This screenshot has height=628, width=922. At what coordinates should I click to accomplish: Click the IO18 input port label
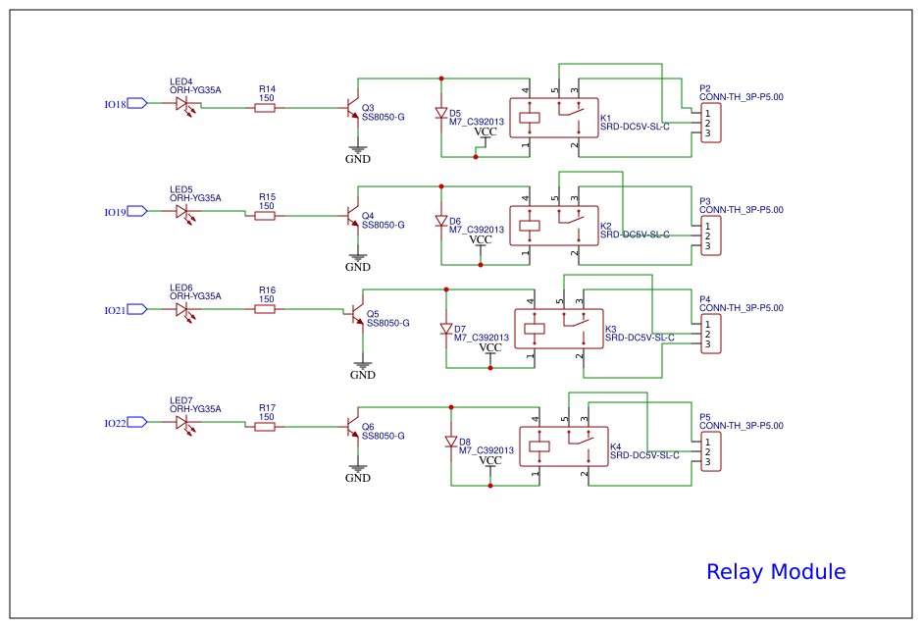[x=115, y=104]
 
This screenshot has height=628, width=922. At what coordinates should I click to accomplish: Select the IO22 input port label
[x=115, y=423]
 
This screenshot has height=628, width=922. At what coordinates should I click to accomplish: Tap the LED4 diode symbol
[x=182, y=103]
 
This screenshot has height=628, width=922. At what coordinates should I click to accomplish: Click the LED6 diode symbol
[x=182, y=309]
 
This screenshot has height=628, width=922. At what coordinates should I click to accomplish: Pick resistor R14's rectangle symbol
[x=265, y=108]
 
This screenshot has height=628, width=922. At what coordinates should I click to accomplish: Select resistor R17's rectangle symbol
[x=265, y=427]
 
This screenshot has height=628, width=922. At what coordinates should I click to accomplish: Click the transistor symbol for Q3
[x=352, y=109]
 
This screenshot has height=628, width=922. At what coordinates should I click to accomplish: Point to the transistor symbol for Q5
[x=357, y=315]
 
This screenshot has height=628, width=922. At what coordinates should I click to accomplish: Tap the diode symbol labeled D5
[x=441, y=114]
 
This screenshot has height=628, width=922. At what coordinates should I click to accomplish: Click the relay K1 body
[x=553, y=119]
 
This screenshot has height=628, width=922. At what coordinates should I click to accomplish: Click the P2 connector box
[x=711, y=124]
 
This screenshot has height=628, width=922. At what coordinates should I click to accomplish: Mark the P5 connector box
[x=711, y=451]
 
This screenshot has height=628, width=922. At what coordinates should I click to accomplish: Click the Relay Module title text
[x=775, y=572]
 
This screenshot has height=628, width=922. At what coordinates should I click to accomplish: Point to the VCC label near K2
[x=480, y=239]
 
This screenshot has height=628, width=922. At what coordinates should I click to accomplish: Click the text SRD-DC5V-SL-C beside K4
[x=644, y=455]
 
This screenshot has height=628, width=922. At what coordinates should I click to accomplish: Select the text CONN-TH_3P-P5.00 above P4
[x=741, y=308]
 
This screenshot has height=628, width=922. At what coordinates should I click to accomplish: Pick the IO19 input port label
[x=115, y=212]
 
